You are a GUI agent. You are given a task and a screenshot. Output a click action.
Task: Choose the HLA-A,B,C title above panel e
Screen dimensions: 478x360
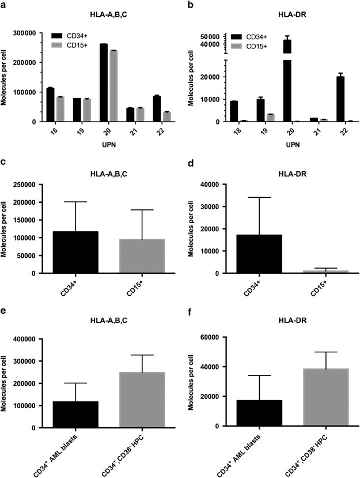point(103,326)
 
